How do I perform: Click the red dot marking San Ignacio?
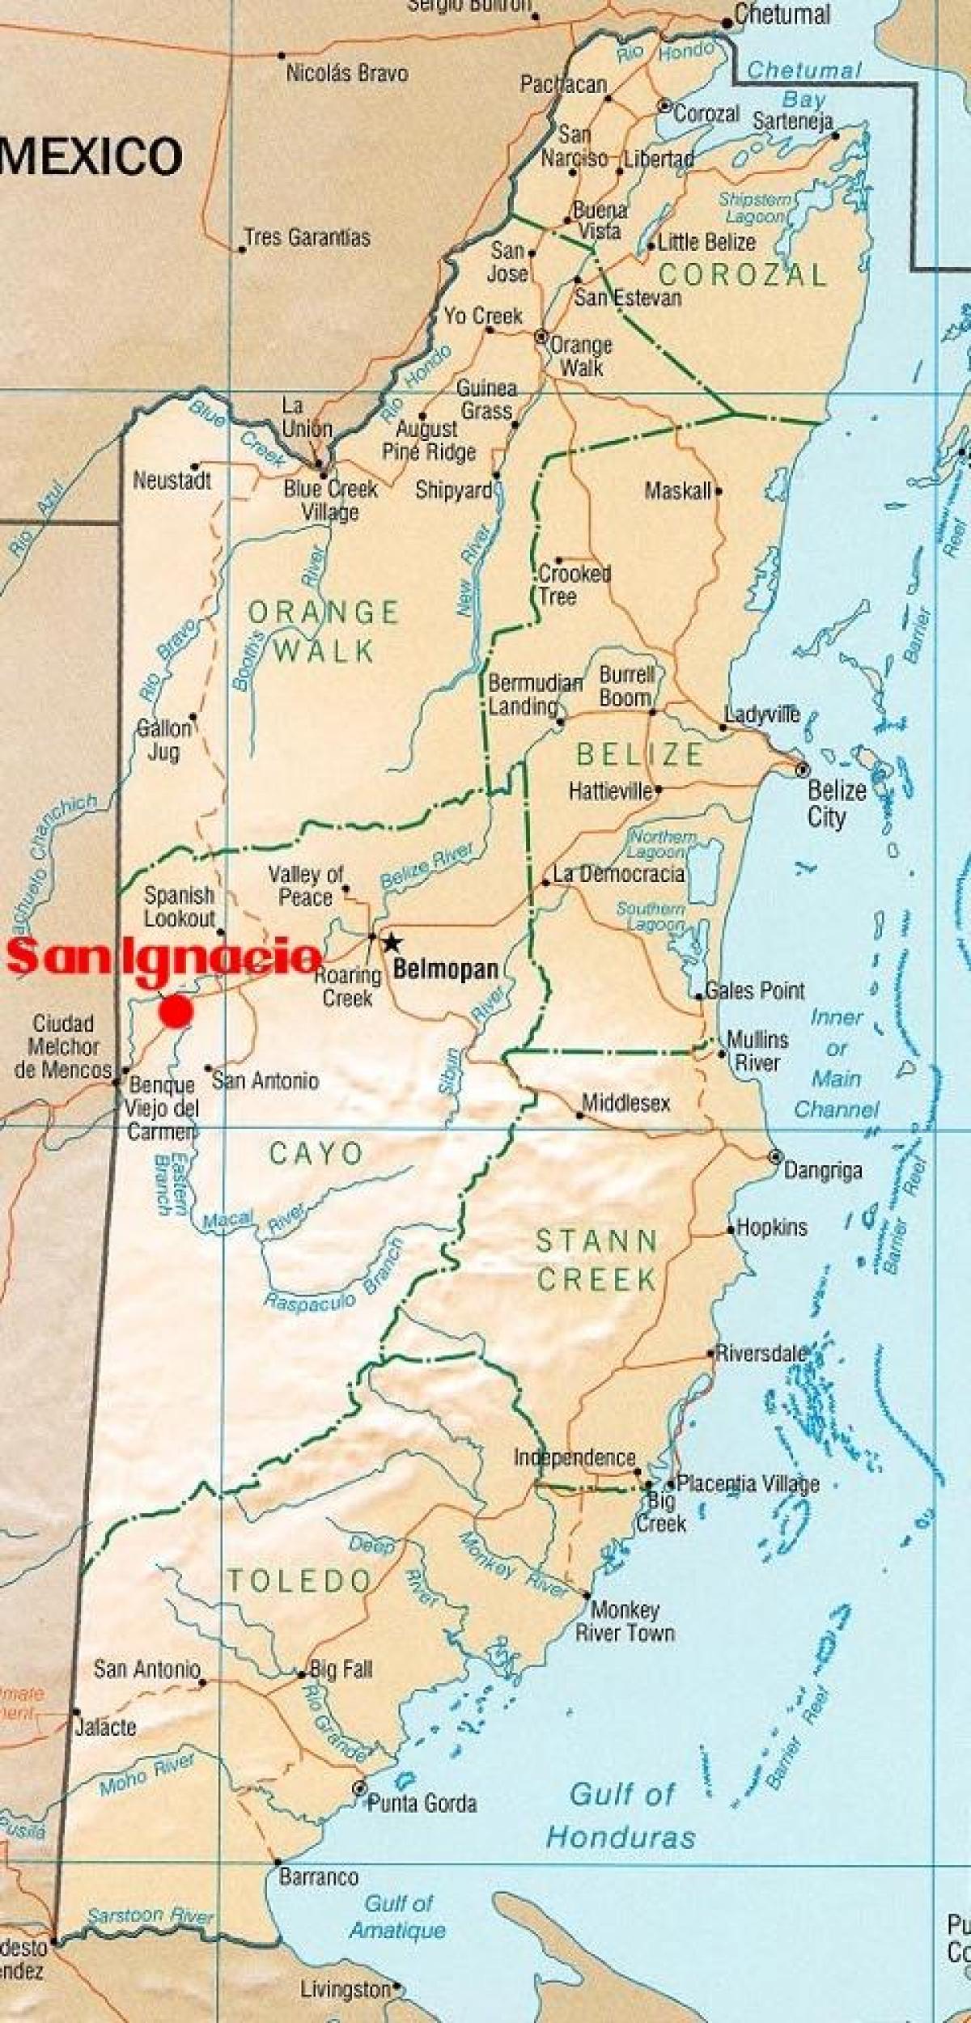coord(176,1011)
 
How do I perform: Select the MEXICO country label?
coord(91,156)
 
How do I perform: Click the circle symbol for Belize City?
coord(802,770)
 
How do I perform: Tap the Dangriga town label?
coord(822,1170)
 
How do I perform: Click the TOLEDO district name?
coord(299,1580)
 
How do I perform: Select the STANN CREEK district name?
coord(597,1260)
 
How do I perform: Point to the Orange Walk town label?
coord(580,356)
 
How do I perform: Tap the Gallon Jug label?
coord(163,740)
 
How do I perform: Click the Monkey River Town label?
coord(625,1621)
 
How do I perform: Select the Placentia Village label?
coord(748,1483)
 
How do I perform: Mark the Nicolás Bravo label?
coord(347,74)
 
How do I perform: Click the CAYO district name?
coord(316,1153)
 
